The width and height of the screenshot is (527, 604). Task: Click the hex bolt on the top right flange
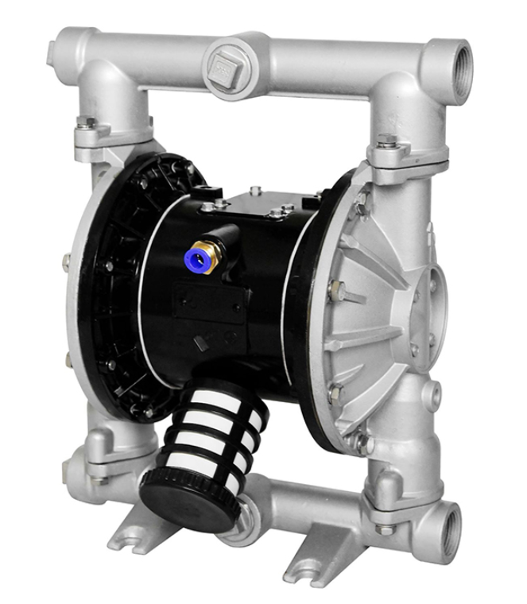coord(387,144)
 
